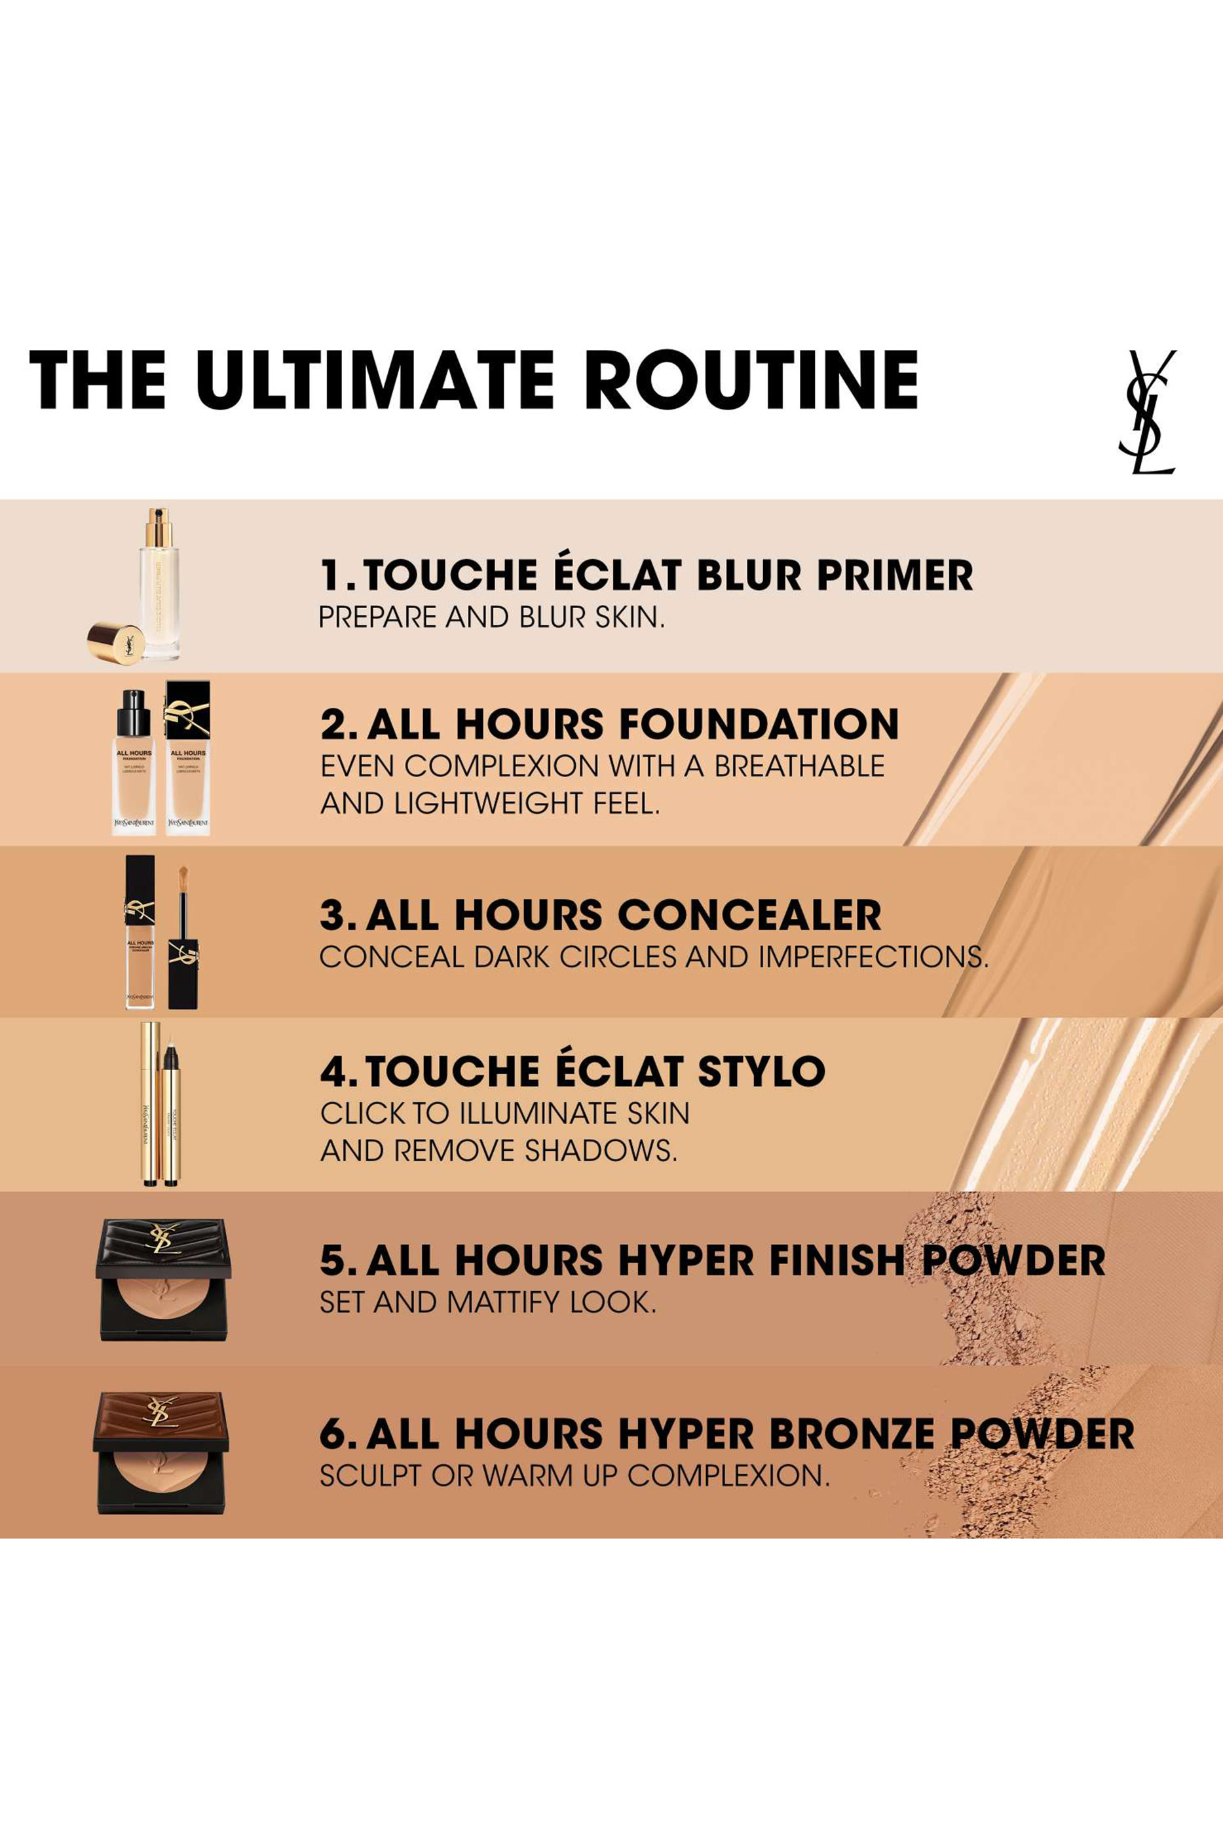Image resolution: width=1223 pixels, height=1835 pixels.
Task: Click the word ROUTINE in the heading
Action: [x=750, y=380]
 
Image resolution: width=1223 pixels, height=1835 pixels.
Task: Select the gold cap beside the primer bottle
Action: [x=115, y=642]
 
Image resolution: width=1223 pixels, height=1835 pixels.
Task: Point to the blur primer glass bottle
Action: [x=160, y=585]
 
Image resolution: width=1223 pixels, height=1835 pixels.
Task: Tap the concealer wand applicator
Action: [x=183, y=937]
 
